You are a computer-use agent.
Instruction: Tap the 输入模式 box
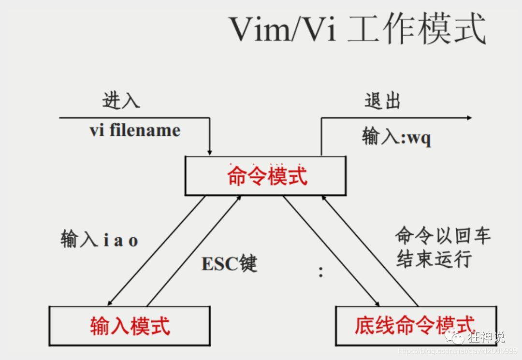pyautogui.click(x=130, y=326)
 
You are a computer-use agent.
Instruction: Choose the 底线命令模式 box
pyautogui.click(x=415, y=326)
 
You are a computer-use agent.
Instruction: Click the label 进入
pyautogui.click(x=121, y=100)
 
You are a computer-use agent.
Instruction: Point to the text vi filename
pyautogui.click(x=135, y=130)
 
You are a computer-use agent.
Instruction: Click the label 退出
pyautogui.click(x=382, y=101)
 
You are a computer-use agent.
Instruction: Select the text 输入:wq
pyautogui.click(x=396, y=137)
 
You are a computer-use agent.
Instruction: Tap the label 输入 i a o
pyautogui.click(x=100, y=239)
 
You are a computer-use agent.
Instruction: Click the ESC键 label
pyautogui.click(x=229, y=264)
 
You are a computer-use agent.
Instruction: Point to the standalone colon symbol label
pyautogui.click(x=320, y=272)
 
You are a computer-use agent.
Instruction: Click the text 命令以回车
pyautogui.click(x=443, y=236)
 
